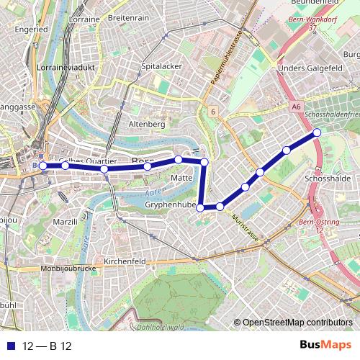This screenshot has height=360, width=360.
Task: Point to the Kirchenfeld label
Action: [125, 260]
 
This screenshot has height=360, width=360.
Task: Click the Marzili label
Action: [64, 222]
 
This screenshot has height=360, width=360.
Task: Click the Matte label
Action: [181, 176]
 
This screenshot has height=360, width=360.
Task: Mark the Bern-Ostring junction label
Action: [318, 227]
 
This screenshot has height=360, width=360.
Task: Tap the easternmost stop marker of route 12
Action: [316, 132]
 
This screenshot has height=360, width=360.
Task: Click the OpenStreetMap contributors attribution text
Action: [297, 323]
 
